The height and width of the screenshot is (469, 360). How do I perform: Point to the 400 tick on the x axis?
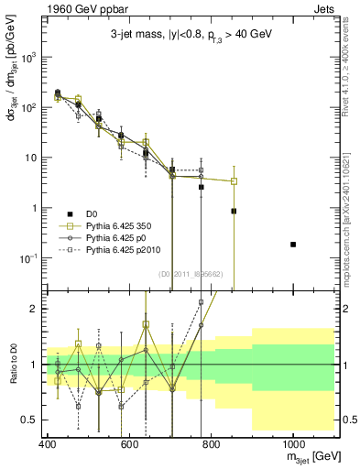[48, 444]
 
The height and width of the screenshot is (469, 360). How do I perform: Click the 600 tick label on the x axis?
[129, 444]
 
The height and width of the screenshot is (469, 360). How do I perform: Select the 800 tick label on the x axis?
[211, 444]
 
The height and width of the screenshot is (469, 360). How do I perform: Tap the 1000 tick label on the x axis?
[292, 444]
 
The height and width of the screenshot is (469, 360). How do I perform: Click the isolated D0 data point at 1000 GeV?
[293, 245]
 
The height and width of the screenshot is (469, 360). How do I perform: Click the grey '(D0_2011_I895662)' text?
[195, 274]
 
